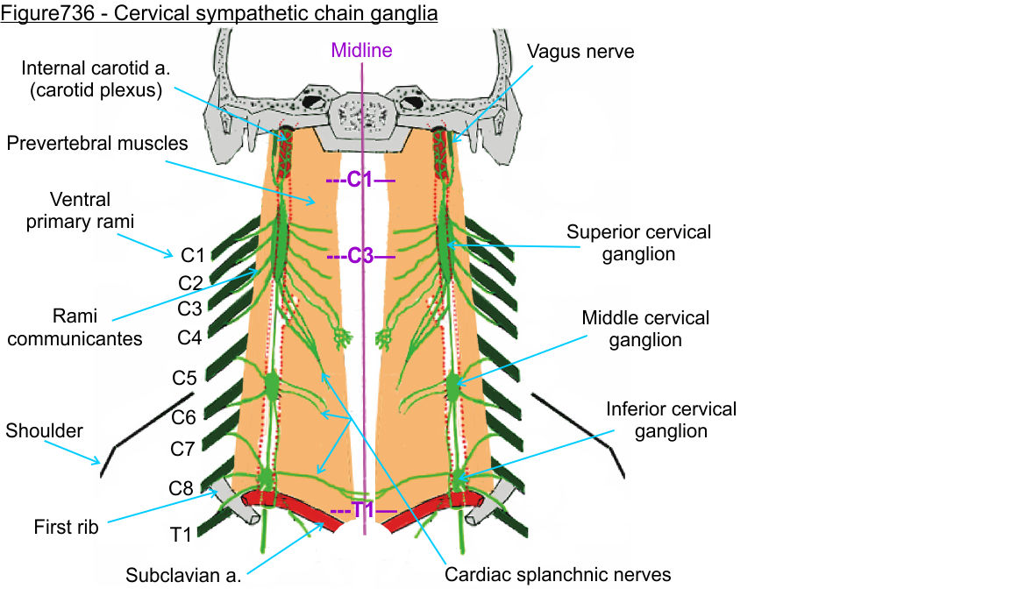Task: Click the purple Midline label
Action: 361,50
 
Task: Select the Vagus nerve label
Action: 580,52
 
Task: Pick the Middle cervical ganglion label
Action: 645,328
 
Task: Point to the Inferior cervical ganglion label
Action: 672,420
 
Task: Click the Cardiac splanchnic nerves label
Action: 558,575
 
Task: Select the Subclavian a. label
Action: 183,575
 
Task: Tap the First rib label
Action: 67,527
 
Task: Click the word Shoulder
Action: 44,430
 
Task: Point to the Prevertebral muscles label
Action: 97,143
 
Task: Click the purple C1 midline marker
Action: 360,181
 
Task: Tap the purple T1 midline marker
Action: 363,510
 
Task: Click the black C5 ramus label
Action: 185,379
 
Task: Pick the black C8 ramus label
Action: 181,488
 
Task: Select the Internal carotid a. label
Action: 92,78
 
